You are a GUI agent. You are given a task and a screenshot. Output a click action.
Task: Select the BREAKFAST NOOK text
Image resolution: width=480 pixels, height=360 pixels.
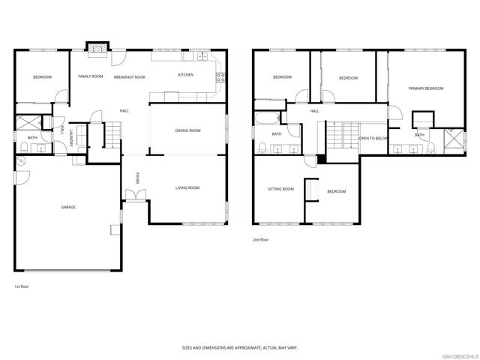point(130,77)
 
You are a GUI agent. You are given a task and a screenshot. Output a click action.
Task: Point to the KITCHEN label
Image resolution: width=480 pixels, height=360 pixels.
point(185,75)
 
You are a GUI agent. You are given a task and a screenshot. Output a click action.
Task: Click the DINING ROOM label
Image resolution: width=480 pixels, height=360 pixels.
point(187,130)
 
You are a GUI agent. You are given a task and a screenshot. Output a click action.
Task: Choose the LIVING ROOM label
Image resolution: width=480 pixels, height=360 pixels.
point(187,187)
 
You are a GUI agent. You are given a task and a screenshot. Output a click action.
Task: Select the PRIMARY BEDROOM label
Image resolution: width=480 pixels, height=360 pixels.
point(425,88)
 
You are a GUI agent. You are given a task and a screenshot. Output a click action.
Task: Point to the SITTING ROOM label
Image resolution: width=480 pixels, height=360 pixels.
point(280,189)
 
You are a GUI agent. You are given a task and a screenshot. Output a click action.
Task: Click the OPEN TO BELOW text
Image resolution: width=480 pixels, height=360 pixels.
point(373,139)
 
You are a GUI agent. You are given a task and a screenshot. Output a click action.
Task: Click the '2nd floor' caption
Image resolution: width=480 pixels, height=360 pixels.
point(260,240)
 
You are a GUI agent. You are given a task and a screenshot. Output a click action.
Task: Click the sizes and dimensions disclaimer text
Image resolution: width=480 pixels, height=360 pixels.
point(240,348)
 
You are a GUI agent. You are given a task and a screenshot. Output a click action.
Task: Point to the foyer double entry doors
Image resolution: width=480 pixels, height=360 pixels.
point(135,195)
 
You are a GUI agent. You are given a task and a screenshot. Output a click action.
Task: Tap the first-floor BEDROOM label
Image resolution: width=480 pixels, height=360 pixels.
point(42,77)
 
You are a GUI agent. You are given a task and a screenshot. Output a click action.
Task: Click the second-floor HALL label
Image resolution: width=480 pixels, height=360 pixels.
point(314,111)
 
